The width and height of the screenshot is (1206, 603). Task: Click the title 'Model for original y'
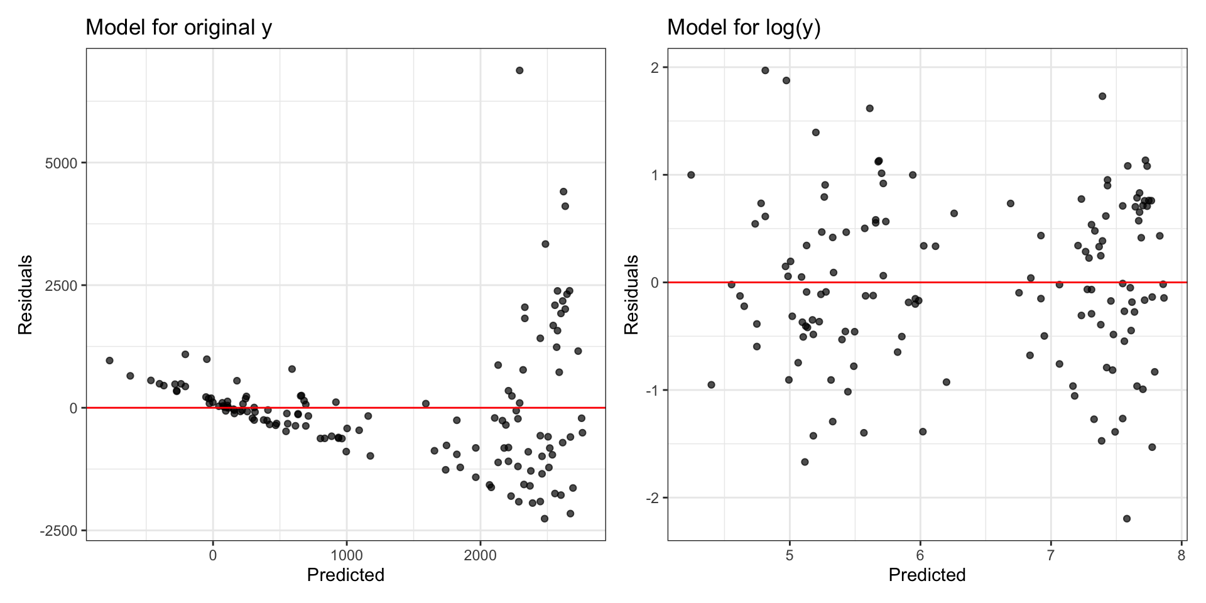pos(178,28)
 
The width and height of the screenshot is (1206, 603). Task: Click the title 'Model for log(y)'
pos(744,28)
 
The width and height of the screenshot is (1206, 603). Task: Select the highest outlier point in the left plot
pos(519,70)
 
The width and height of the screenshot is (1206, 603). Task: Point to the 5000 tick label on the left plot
pos(61,163)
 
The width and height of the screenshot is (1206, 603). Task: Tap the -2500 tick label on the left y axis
pos(58,531)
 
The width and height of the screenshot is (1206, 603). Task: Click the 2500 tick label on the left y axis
pos(61,286)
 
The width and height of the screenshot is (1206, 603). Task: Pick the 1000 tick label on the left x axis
pos(346,555)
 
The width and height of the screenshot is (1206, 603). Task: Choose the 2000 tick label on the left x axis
pos(480,555)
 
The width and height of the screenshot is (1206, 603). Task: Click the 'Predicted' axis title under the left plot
pos(345,575)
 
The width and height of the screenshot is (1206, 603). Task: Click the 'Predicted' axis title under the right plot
pos(927,575)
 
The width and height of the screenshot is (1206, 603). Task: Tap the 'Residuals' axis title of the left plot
pos(25,295)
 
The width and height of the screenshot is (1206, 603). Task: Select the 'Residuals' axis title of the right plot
pos(631,295)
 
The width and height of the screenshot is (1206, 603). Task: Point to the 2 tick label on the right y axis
pos(655,68)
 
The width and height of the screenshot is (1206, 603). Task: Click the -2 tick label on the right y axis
pos(652,498)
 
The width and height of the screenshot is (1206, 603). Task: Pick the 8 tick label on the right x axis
pos(1182,555)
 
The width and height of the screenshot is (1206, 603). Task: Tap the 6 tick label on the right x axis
pos(920,555)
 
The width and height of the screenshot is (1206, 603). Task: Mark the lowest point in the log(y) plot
pos(1127,519)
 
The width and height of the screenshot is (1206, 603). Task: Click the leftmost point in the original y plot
pos(109,361)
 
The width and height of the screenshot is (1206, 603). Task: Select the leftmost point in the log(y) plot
pos(691,175)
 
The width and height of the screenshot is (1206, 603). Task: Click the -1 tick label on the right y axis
pos(652,391)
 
